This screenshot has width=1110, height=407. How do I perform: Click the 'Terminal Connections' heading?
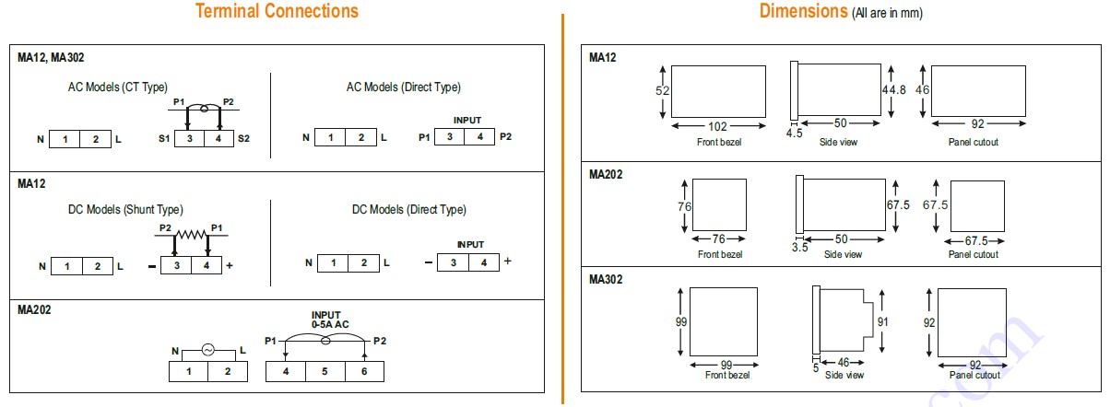click(x=277, y=11)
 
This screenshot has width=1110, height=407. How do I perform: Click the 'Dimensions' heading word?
click(x=803, y=11)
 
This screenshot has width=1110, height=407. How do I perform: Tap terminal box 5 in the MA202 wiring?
click(x=325, y=371)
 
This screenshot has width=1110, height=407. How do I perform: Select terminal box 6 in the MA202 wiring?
click(x=364, y=371)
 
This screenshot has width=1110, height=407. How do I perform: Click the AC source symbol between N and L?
click(x=208, y=350)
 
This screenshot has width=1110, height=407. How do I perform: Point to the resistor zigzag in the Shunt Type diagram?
click(x=191, y=234)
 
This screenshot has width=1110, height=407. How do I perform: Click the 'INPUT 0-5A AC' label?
click(x=329, y=320)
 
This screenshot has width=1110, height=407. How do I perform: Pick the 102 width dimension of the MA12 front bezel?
click(x=717, y=126)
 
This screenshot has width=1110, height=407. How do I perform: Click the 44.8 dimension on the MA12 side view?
click(x=893, y=89)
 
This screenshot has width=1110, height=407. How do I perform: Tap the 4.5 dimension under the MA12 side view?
click(x=794, y=134)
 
